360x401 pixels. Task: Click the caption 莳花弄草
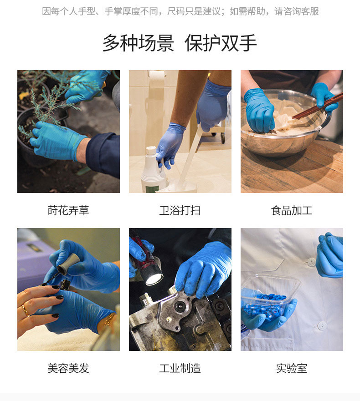pyautogui.click(x=68, y=210)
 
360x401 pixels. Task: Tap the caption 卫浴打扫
pyautogui.click(x=180, y=210)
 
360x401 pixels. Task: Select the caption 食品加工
pyautogui.click(x=292, y=210)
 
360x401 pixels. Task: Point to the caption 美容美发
pyautogui.click(x=68, y=368)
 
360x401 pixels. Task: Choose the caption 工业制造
pyautogui.click(x=180, y=368)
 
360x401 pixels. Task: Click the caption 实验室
pyautogui.click(x=292, y=368)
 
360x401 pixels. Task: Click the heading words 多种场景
pyautogui.click(x=138, y=43)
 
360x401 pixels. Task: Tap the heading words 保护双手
pyautogui.click(x=221, y=43)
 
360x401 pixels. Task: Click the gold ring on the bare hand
pyautogui.click(x=25, y=310)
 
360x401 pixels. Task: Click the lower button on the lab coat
pyautogui.click(x=322, y=325)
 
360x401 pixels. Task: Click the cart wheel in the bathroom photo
pyautogui.click(x=223, y=138)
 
